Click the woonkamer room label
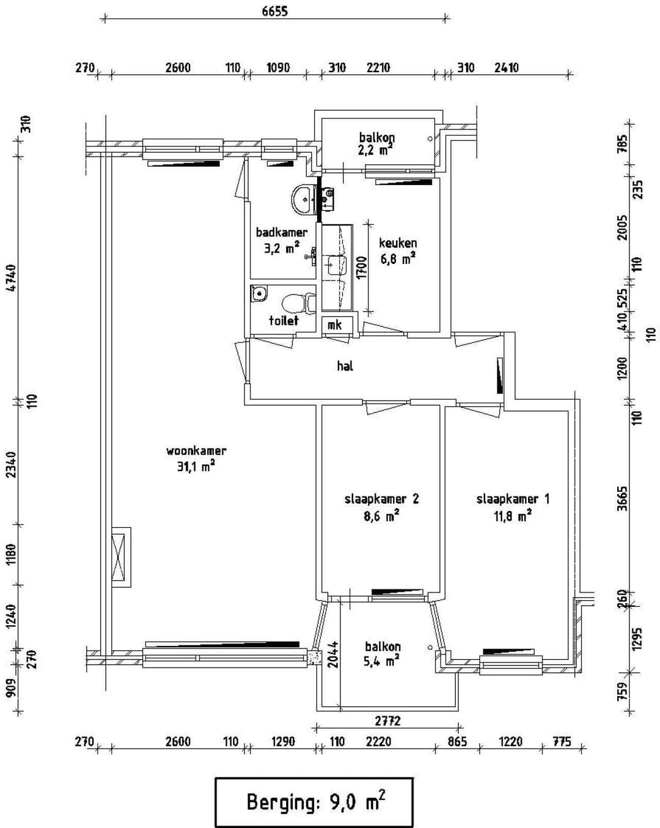pyautogui.click(x=196, y=450)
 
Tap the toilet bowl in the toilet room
pyautogui.click(x=299, y=302)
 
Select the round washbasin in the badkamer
pyautogui.click(x=304, y=199)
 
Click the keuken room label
pyautogui.click(x=398, y=243)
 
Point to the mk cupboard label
pyautogui.click(x=334, y=325)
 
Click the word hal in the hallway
pyautogui.click(x=345, y=365)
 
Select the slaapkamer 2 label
pyautogui.click(x=381, y=499)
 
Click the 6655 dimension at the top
pyautogui.click(x=275, y=11)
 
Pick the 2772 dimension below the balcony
pyautogui.click(x=388, y=720)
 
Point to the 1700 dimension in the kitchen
pyautogui.click(x=362, y=268)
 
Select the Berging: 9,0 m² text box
pyautogui.click(x=314, y=802)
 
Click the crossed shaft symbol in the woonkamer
pyautogui.click(x=118, y=556)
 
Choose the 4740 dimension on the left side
pyautogui.click(x=11, y=278)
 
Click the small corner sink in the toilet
pyautogui.click(x=259, y=293)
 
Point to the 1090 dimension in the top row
pyautogui.click(x=278, y=68)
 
